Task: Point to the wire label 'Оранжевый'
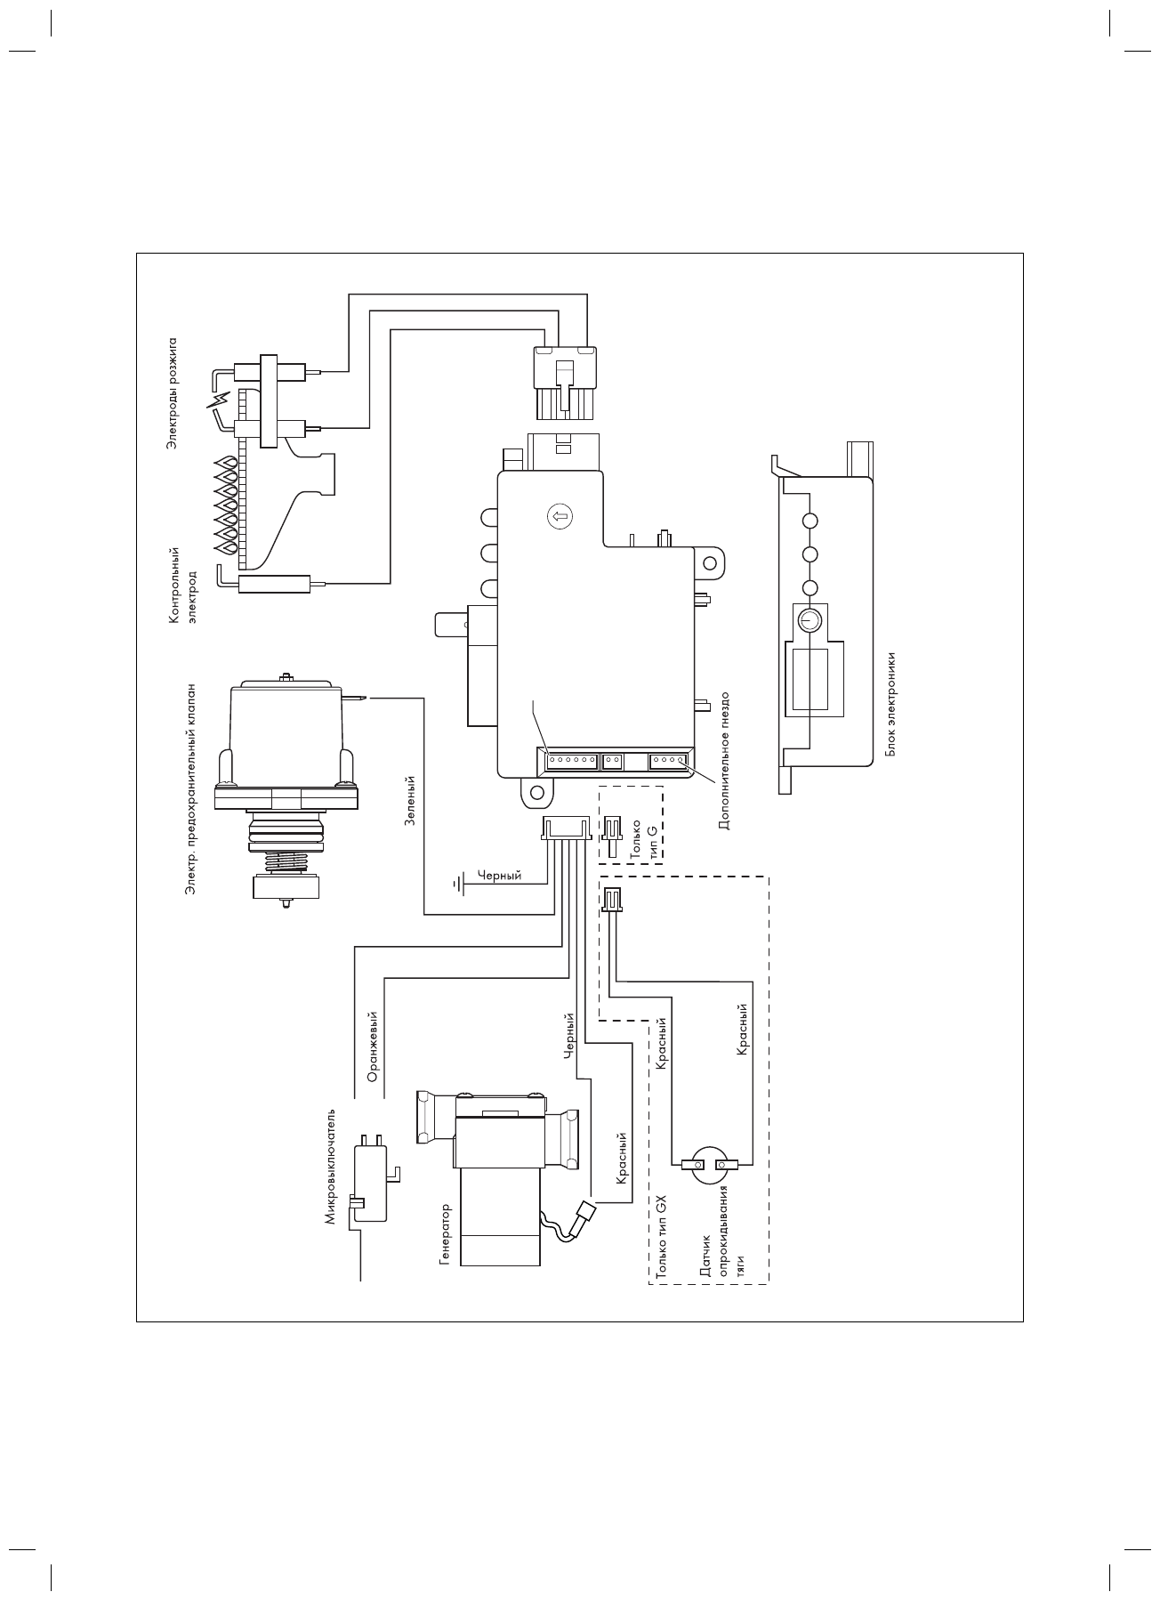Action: [x=374, y=1046]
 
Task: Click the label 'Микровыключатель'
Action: [x=331, y=1167]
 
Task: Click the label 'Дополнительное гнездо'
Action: [x=725, y=760]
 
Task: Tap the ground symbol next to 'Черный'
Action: [x=459, y=885]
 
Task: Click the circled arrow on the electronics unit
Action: [x=560, y=515]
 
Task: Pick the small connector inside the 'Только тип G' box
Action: [x=612, y=828]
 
